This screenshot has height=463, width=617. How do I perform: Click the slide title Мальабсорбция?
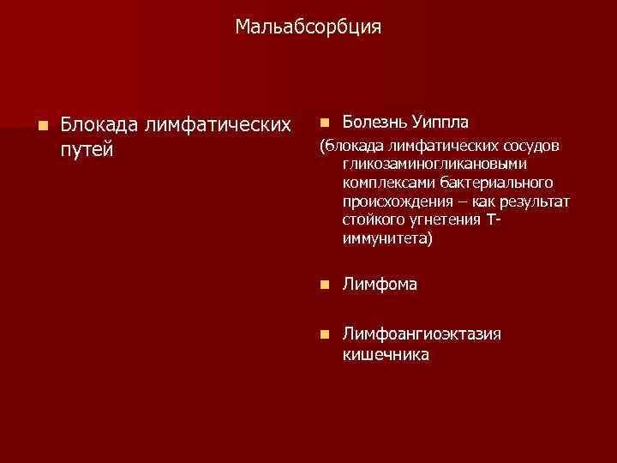(308, 28)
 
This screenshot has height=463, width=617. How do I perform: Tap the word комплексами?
(383, 183)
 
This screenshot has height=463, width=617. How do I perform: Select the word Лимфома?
(380, 284)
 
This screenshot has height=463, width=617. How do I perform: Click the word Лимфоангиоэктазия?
(422, 334)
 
